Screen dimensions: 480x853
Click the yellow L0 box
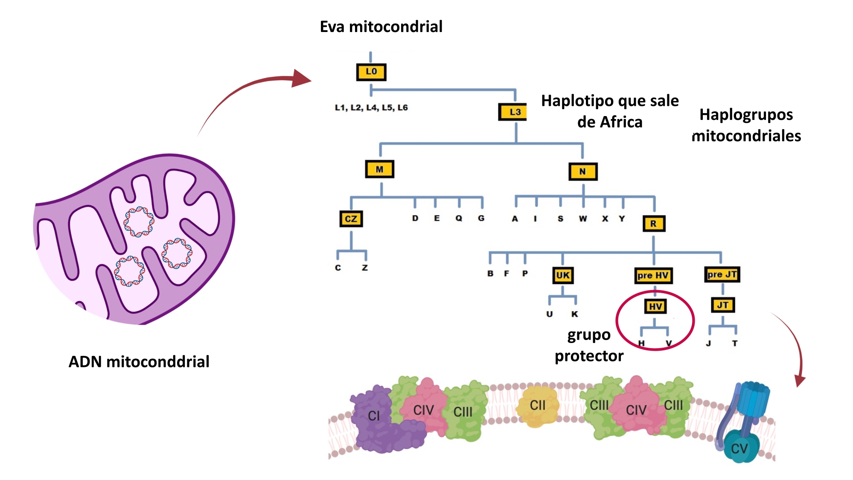point(371,72)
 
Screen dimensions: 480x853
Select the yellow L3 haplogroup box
point(513,112)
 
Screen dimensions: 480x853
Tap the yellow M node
point(380,169)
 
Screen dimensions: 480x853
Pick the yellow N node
point(583,172)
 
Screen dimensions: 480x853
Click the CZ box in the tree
point(351,219)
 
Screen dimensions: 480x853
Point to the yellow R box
point(654,224)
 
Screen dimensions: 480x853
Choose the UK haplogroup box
point(562,275)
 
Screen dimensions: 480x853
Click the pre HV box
point(653,275)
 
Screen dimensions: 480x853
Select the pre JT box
point(722,274)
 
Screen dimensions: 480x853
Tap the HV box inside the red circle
point(655,306)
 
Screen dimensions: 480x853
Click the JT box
point(723,305)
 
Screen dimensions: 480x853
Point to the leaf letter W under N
point(583,219)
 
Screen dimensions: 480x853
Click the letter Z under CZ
point(365,268)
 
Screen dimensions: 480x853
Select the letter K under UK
point(575,314)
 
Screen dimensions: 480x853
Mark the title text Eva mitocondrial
point(381,26)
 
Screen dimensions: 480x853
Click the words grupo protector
point(589,345)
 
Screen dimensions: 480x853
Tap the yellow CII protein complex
point(537,406)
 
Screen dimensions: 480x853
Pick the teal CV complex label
point(739,448)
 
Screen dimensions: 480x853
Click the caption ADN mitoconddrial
point(139,362)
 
